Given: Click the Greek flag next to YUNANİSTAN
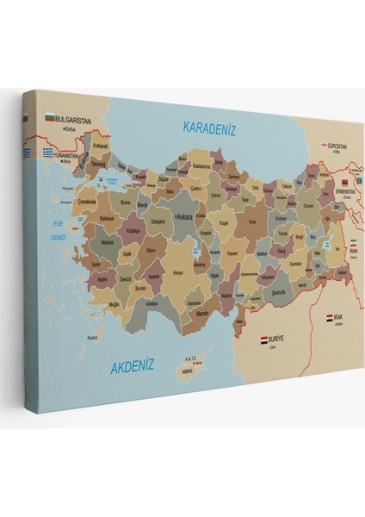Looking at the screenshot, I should (x=50, y=152).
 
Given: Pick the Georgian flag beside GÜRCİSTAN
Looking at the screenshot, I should (x=325, y=146).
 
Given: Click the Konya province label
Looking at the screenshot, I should (x=178, y=272).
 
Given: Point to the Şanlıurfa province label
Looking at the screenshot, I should (x=256, y=291).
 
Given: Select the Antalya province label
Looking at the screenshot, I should (x=152, y=304).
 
